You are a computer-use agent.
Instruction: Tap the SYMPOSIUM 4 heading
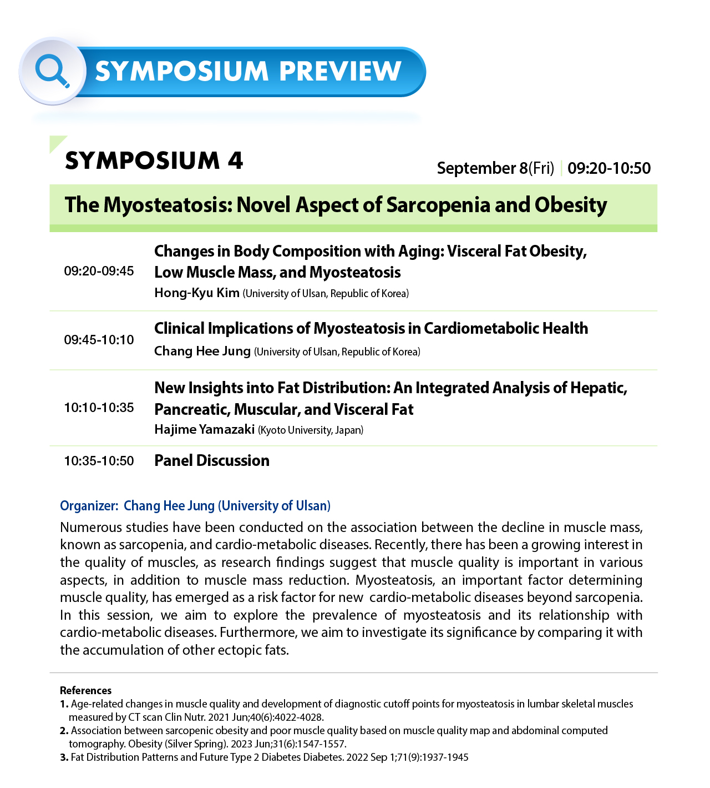click(154, 160)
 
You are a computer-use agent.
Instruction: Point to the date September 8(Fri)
click(495, 168)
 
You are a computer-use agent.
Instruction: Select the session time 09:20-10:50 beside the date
click(608, 168)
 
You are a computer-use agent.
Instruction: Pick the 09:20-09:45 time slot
click(99, 271)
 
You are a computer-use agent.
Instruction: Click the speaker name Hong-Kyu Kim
click(196, 293)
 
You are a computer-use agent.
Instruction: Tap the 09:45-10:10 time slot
click(99, 340)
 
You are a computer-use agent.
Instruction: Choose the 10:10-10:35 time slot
click(99, 408)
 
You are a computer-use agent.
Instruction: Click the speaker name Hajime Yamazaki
click(204, 429)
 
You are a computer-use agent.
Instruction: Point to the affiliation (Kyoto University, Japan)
click(311, 430)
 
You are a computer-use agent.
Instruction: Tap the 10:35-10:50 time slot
click(99, 461)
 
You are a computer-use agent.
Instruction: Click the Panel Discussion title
click(211, 460)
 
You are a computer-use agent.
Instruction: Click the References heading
click(85, 690)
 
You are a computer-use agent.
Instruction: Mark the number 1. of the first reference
click(64, 704)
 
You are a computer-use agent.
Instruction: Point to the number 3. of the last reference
click(64, 757)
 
